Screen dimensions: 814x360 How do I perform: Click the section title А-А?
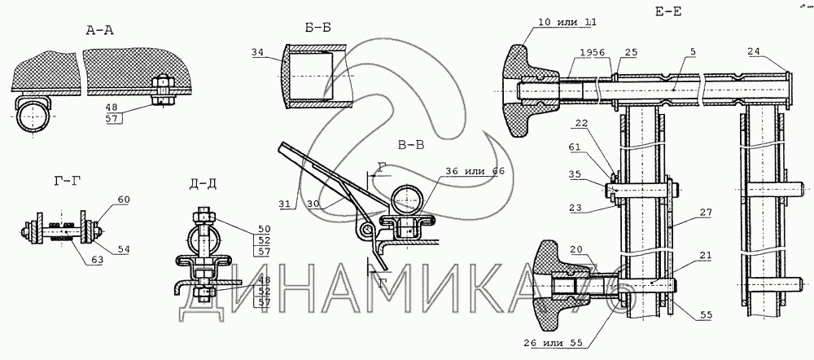(99, 31)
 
